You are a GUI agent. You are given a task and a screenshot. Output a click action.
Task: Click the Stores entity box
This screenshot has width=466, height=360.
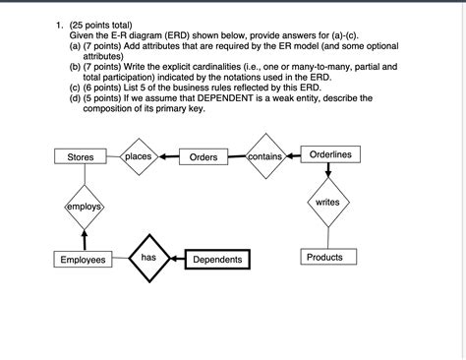[x=81, y=157]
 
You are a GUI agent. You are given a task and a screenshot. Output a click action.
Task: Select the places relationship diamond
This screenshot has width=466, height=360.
[x=139, y=156]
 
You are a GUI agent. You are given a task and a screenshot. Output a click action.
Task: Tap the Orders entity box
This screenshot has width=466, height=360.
[x=204, y=157]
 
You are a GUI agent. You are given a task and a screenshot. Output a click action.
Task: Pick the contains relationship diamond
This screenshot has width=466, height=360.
[x=265, y=156]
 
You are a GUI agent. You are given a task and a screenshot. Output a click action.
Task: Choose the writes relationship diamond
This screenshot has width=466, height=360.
[x=328, y=202]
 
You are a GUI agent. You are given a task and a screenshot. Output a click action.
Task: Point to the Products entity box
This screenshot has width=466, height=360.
[x=324, y=257]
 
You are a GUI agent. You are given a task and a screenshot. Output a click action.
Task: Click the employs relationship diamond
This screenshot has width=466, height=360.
[x=85, y=206]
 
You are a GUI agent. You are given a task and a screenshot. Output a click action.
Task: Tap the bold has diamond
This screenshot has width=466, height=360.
[x=148, y=258]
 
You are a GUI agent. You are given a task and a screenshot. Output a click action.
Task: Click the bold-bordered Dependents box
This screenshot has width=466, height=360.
[x=217, y=260]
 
